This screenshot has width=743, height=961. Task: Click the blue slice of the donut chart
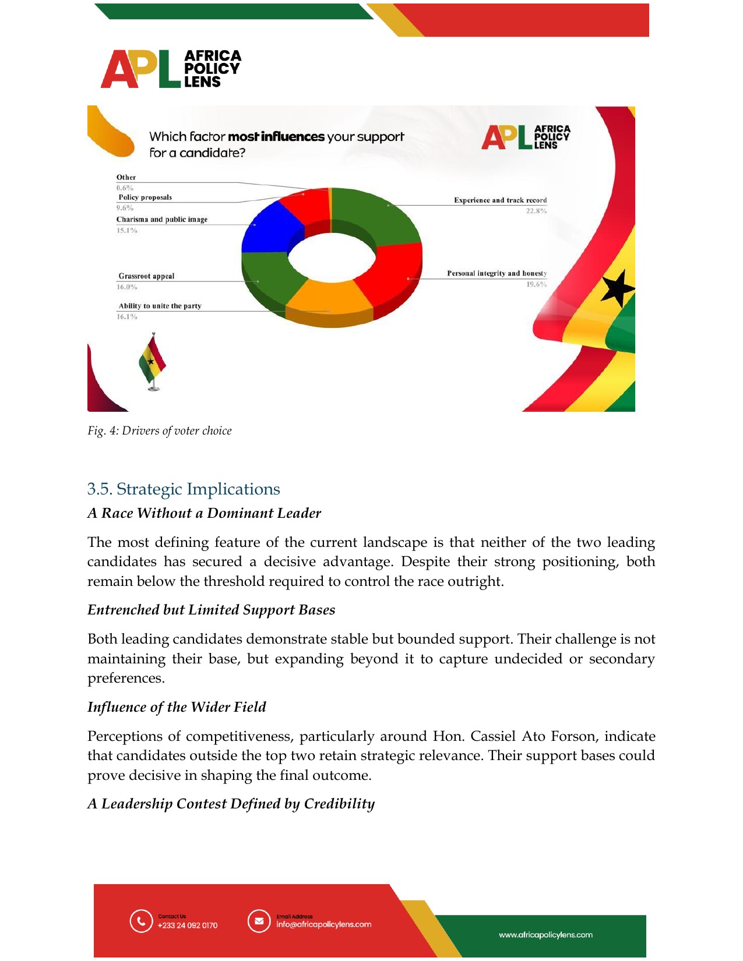tap(269, 230)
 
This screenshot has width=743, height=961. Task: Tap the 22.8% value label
tap(536, 211)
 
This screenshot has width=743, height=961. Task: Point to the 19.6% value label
tap(536, 284)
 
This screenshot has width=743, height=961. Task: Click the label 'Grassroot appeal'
tap(146, 276)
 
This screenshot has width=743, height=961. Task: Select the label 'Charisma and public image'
tap(161, 220)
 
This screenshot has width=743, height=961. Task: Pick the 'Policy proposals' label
tap(145, 197)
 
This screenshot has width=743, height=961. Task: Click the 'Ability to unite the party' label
tap(160, 306)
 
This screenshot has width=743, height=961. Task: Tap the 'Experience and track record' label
tap(500, 200)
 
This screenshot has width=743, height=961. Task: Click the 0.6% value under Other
tap(125, 188)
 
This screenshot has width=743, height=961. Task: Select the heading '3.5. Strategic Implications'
tap(184, 489)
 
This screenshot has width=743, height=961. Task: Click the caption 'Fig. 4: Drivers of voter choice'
tap(160, 430)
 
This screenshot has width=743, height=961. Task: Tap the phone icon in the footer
tap(141, 921)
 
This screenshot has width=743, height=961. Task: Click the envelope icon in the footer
tap(259, 921)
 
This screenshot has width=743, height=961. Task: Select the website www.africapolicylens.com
tap(545, 935)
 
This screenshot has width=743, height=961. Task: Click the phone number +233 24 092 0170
tap(188, 925)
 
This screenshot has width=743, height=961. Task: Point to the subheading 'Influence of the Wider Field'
tap(177, 707)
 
